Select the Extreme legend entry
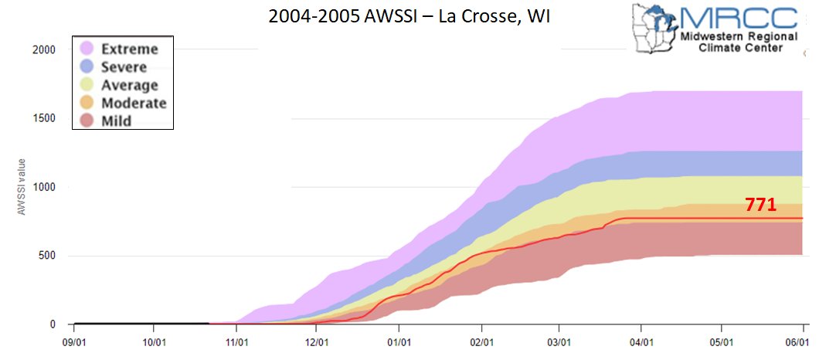pos(130,49)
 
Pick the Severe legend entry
pos(124,67)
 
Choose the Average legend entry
pos(130,85)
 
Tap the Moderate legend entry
pos(134,103)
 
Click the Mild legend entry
pos(117,121)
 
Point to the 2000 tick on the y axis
pos(44,49)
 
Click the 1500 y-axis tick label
pos(44,118)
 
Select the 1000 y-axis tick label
pos(44,187)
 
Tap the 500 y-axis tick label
pos(46,256)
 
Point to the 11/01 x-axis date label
pos(236,339)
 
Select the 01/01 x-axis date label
pos(399,339)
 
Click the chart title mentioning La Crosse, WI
pos(409,15)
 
